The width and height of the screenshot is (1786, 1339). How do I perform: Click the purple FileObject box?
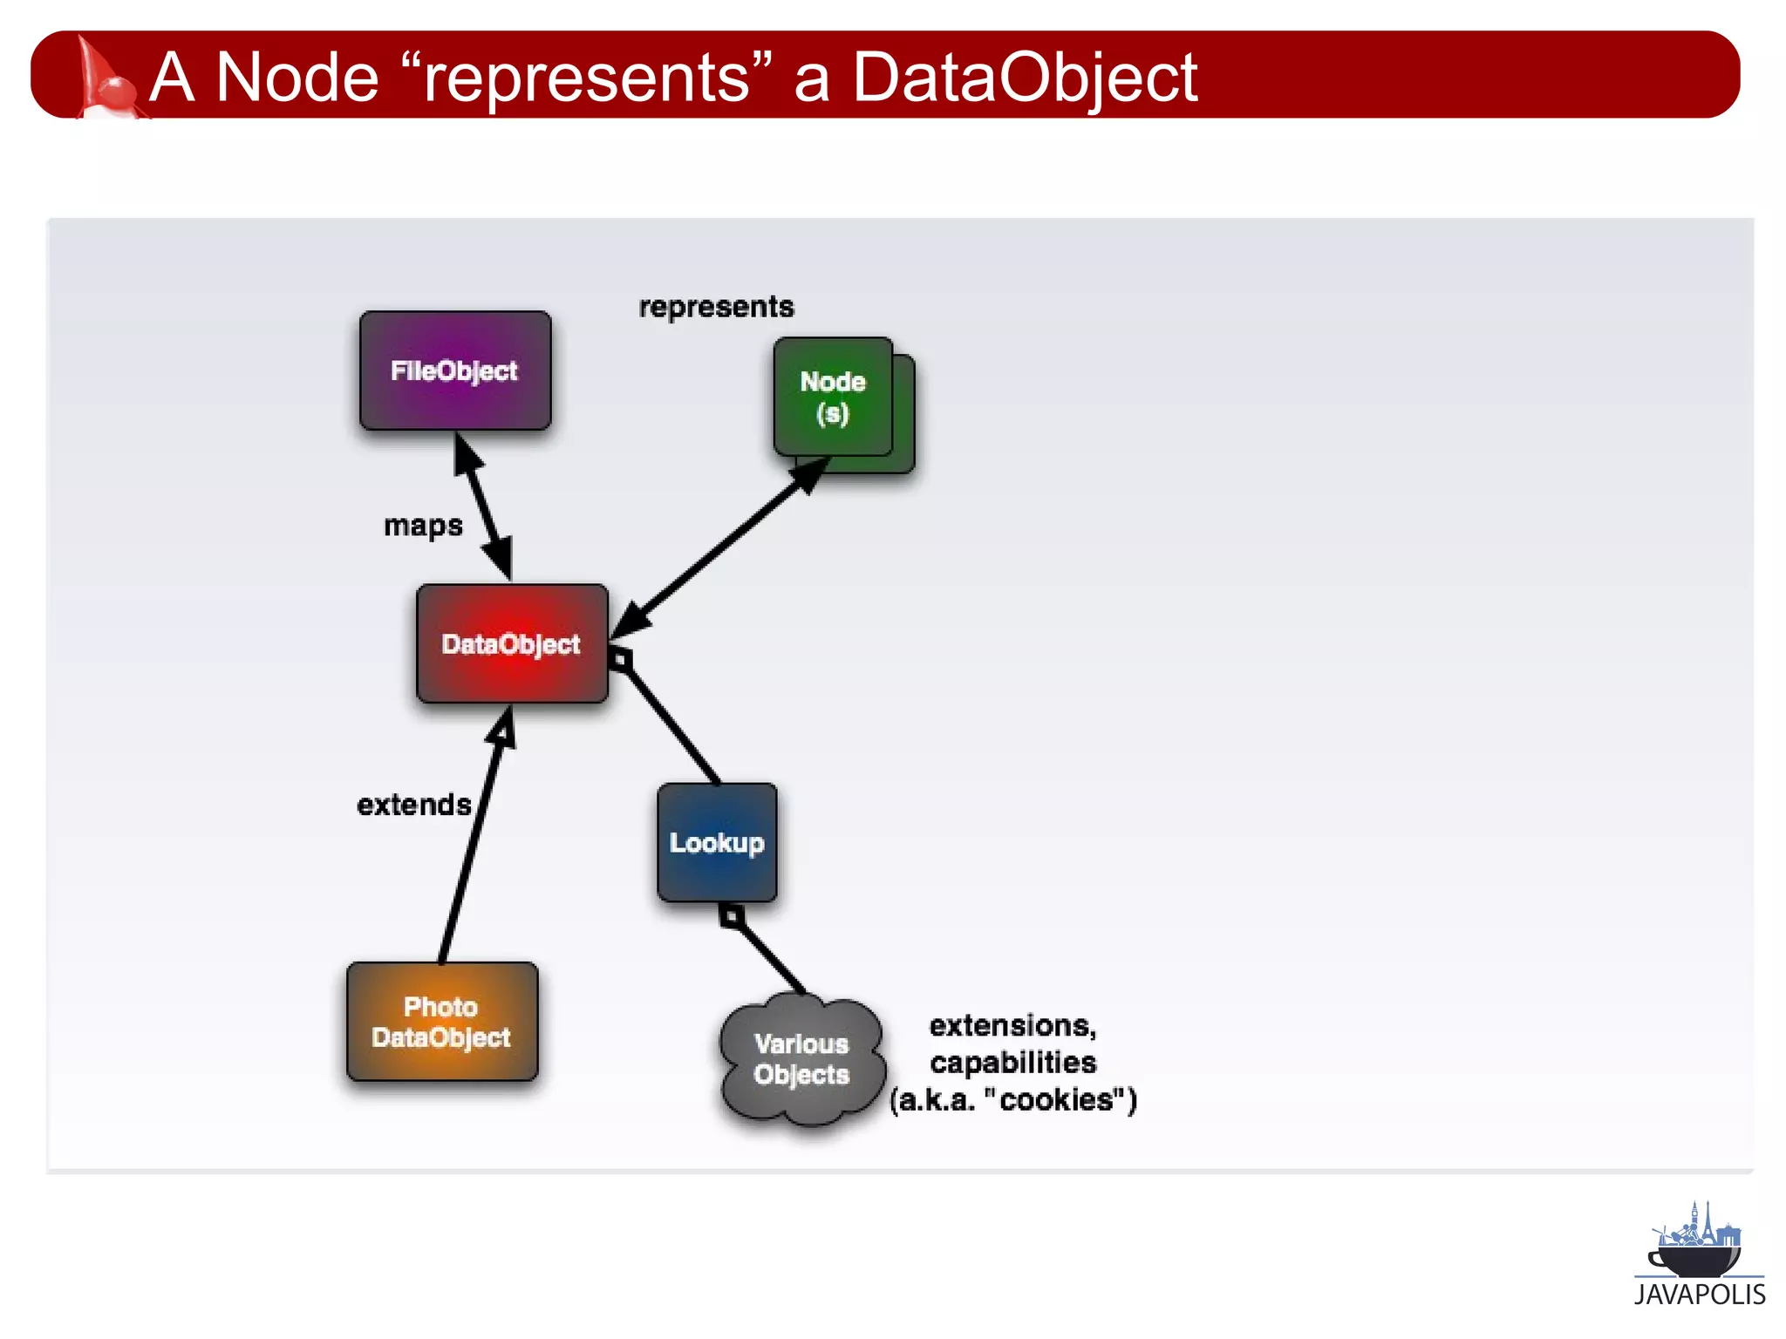pos(455,370)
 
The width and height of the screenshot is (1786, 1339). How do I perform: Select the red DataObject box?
pos(512,643)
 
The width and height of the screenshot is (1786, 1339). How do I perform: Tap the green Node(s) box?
pos(834,398)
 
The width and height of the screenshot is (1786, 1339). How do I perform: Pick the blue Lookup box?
pos(717,842)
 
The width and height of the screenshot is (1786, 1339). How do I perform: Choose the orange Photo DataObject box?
pos(442,1022)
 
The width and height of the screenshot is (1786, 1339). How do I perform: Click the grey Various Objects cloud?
pos(801,1058)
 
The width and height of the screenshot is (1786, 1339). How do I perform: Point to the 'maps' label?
pos(423,526)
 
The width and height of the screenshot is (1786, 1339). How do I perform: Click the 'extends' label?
pos(414,805)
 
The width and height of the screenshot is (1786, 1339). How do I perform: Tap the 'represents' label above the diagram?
pos(716,307)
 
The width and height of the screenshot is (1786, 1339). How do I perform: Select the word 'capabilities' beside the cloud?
pos(1013,1063)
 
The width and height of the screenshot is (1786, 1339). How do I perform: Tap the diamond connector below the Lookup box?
pos(732,916)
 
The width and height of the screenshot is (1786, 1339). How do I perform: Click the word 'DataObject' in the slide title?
pos(1025,78)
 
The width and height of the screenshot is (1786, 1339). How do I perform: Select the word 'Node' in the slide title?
pos(297,78)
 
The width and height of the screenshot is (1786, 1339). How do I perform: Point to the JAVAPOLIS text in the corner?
pos(1700,1295)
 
